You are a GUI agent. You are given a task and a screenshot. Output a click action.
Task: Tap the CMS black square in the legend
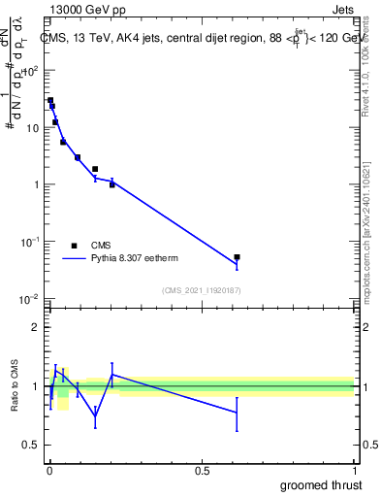tap(74, 246)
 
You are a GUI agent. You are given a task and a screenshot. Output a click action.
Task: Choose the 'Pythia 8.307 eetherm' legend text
tap(135, 259)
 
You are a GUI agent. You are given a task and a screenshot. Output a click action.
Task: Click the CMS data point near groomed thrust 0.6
tap(237, 257)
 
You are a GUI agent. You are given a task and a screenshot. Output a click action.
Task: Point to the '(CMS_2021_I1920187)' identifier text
tap(201, 290)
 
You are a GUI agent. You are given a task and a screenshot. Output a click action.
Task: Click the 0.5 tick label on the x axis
tap(202, 471)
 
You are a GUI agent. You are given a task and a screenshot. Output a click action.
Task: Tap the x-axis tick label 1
tap(354, 471)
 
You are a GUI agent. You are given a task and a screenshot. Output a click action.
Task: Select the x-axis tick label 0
tap(49, 471)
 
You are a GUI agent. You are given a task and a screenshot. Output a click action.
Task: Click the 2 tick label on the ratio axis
tap(34, 327)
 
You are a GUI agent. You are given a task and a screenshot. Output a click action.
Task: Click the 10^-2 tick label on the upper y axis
tap(28, 298)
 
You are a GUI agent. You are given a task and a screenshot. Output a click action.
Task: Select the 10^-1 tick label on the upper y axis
tap(28, 241)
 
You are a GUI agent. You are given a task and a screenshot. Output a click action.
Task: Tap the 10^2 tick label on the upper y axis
tap(29, 71)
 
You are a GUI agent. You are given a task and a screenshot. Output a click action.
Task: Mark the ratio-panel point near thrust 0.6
tap(237, 413)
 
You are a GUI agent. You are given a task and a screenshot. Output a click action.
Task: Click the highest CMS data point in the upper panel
tap(50, 100)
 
